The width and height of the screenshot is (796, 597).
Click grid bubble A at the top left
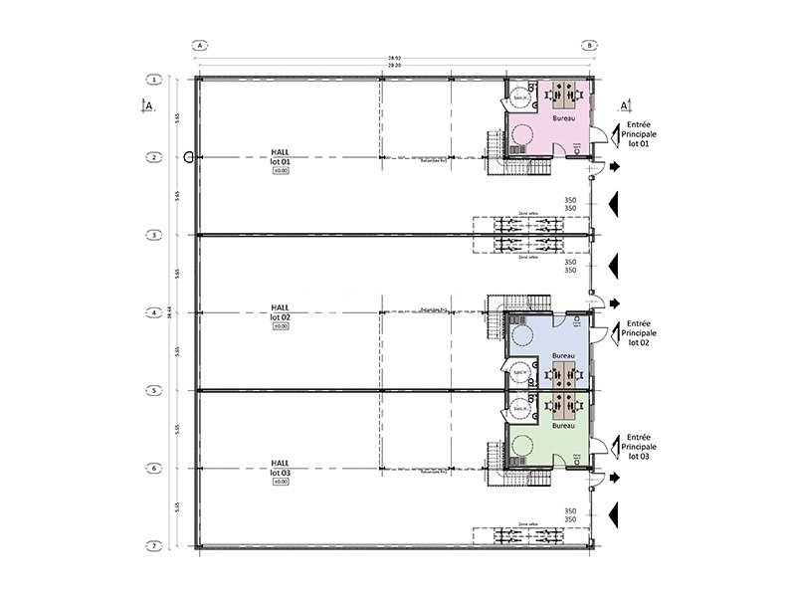click(200, 46)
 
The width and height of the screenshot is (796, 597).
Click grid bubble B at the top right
click(590, 46)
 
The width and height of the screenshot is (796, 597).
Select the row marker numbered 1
click(155, 79)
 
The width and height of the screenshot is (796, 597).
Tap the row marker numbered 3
click(155, 235)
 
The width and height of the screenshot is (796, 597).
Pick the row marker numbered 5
click(155, 390)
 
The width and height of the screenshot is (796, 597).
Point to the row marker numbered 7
click(155, 546)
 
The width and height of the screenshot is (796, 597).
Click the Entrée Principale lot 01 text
click(638, 135)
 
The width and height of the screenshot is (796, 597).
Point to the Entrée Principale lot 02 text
click(638, 332)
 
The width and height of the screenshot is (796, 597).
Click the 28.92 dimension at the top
click(395, 59)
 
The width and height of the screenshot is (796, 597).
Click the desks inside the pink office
click(563, 96)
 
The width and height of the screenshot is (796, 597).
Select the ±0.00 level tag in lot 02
click(280, 326)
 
